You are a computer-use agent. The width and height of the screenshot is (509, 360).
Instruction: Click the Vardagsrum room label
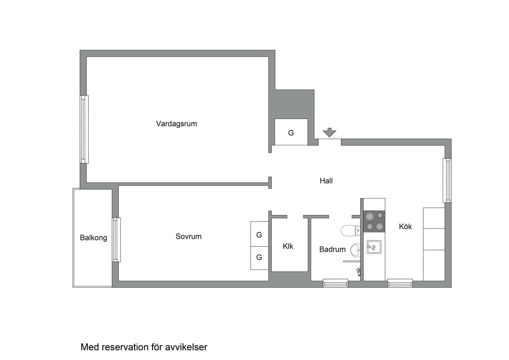pyautogui.click(x=177, y=124)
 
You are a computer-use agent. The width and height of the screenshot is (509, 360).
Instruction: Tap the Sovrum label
pyautogui.click(x=189, y=236)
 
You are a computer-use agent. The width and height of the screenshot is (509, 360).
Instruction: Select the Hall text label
pyautogui.click(x=326, y=181)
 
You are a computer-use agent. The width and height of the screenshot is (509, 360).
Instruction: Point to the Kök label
pyautogui.click(x=405, y=227)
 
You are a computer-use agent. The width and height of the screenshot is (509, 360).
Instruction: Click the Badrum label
pyautogui.click(x=332, y=249)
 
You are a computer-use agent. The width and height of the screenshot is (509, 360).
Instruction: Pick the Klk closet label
pyautogui.click(x=288, y=246)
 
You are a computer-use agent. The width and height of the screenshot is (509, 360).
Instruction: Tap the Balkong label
pyautogui.click(x=93, y=238)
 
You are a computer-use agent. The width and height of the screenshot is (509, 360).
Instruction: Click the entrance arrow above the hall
pyautogui.click(x=329, y=133)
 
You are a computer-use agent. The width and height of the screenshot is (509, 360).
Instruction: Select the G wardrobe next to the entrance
pyautogui.click(x=291, y=132)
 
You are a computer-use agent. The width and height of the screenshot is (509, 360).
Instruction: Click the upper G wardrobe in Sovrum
pyautogui.click(x=259, y=234)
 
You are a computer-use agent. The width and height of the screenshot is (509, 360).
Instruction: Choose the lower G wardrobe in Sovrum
pyautogui.click(x=259, y=257)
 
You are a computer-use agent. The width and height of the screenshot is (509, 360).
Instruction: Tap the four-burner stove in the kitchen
pyautogui.click(x=374, y=221)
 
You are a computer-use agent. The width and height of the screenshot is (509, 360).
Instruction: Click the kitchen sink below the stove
pyautogui.click(x=374, y=247)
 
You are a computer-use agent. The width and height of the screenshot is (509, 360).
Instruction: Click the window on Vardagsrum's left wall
pyautogui.click(x=84, y=129)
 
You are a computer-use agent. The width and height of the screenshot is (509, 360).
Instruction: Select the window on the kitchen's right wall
pyautogui.click(x=447, y=180)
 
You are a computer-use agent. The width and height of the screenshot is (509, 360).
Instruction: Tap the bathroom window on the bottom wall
pyautogui.click(x=335, y=284)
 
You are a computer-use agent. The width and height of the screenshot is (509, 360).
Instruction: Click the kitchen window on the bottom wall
pyautogui.click(x=400, y=284)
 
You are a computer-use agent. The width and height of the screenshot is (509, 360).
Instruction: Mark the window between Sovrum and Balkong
pyautogui.click(x=116, y=240)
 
